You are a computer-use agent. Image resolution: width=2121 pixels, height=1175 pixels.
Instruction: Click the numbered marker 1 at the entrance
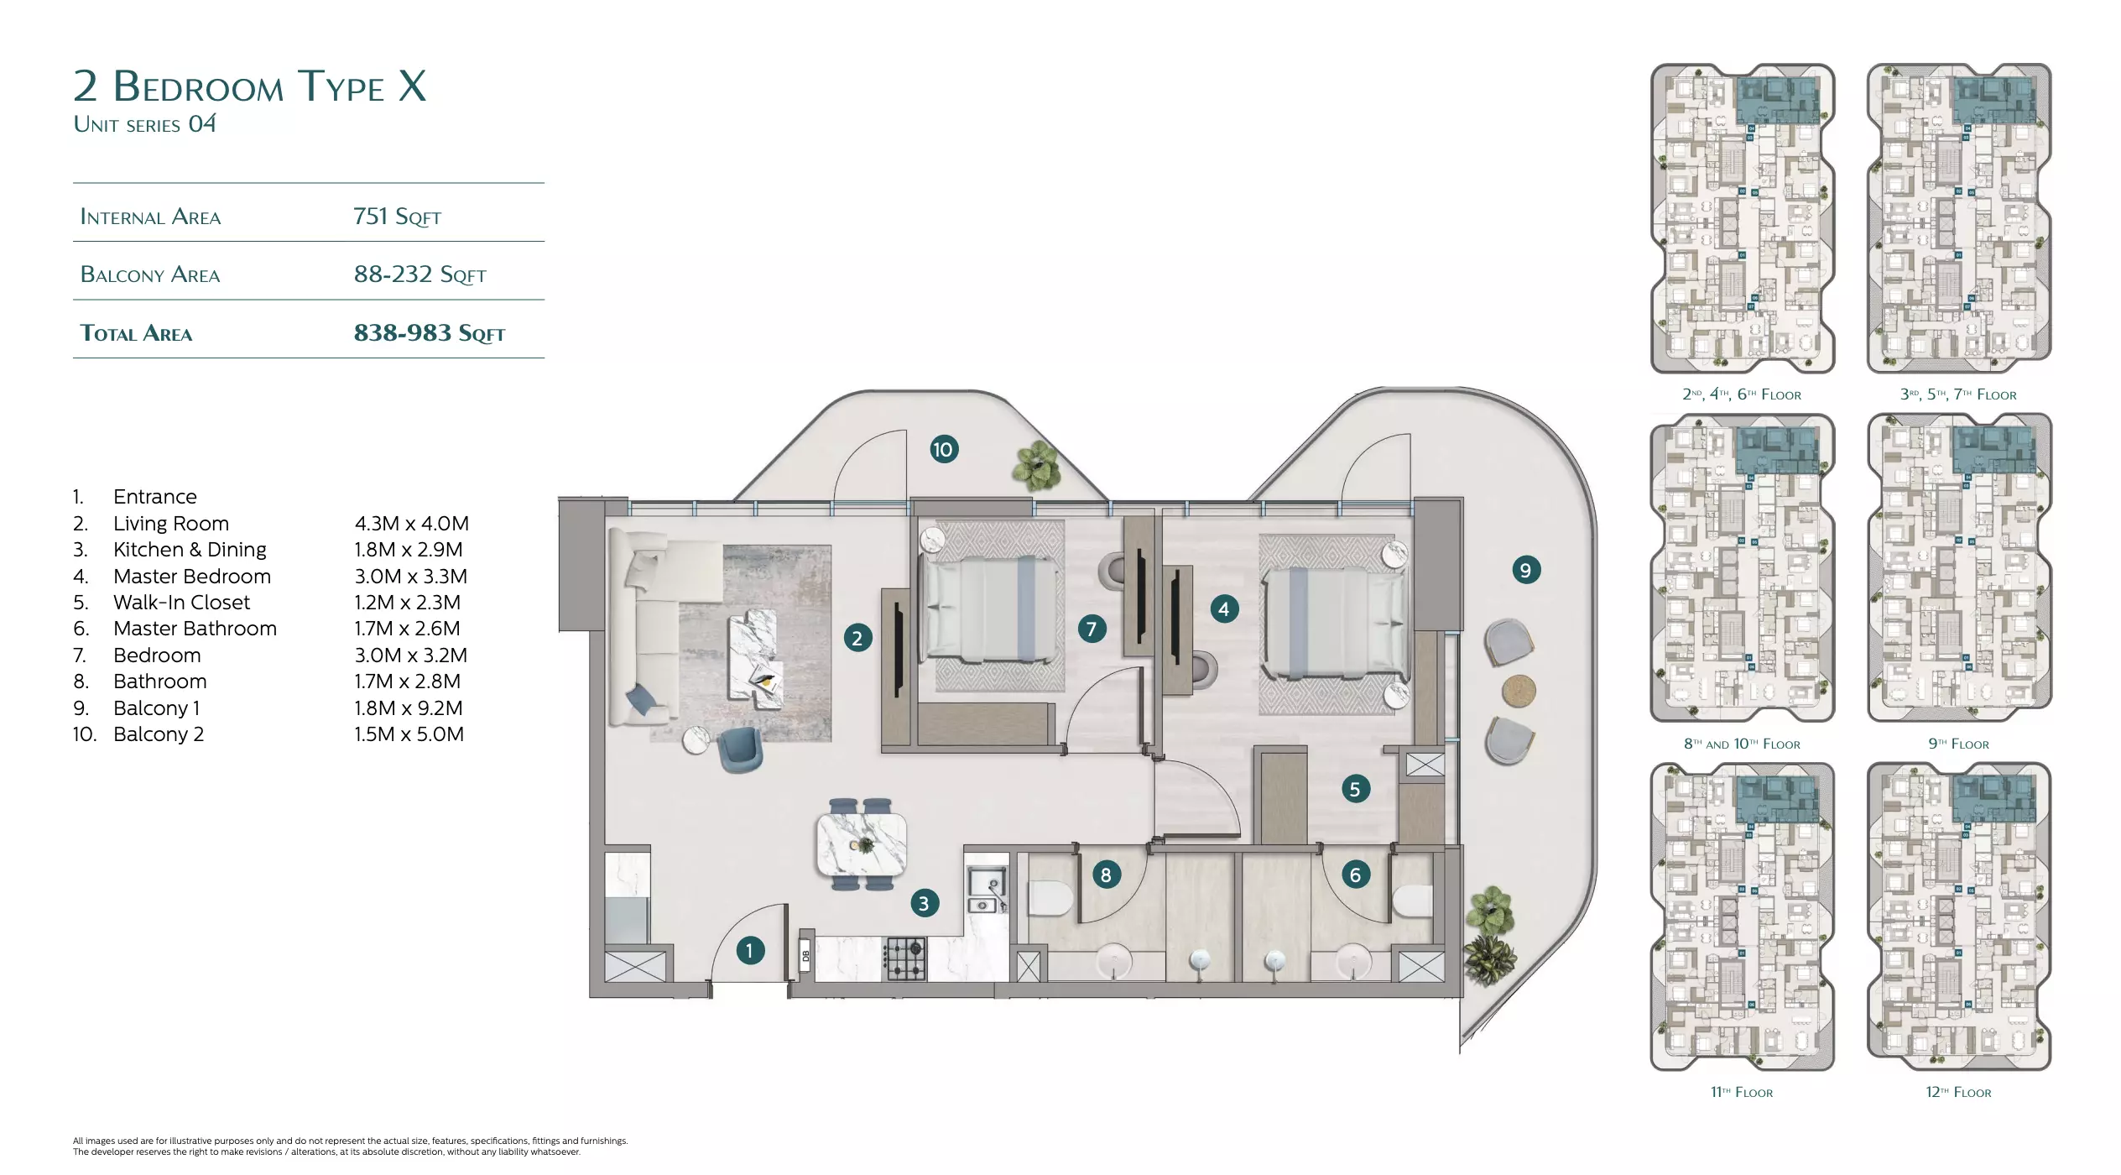(x=750, y=951)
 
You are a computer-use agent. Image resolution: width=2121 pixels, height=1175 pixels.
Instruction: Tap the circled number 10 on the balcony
(x=944, y=449)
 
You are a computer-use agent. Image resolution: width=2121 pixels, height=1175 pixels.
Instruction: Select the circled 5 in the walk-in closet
(x=1355, y=789)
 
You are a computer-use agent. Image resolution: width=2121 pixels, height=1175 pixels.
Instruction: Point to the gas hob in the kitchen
(x=904, y=958)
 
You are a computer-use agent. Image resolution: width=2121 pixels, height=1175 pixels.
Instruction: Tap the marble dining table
(x=862, y=843)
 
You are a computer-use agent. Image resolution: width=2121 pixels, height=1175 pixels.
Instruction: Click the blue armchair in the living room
(x=741, y=749)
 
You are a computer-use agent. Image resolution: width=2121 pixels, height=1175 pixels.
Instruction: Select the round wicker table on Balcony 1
(x=1519, y=692)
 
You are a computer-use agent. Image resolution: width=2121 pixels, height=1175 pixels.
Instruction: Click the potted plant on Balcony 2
(x=1039, y=466)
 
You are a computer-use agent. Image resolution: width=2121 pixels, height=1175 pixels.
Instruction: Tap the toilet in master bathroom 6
(x=1412, y=901)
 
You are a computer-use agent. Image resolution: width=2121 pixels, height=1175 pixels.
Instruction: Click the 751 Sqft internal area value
(x=397, y=217)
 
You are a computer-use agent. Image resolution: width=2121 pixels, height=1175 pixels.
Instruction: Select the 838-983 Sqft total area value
(x=429, y=333)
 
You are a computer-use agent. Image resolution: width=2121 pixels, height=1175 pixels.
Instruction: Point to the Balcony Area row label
(x=150, y=274)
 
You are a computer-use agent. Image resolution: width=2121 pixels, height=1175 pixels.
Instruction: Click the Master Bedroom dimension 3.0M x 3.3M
(x=411, y=577)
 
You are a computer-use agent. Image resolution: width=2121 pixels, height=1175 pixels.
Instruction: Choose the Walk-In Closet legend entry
(x=181, y=603)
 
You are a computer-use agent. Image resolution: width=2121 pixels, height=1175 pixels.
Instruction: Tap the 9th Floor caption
(x=1958, y=744)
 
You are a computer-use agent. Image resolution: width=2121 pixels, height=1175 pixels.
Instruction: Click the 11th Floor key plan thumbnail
(x=1743, y=916)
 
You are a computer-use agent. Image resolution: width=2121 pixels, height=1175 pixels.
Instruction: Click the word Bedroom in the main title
(x=199, y=86)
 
